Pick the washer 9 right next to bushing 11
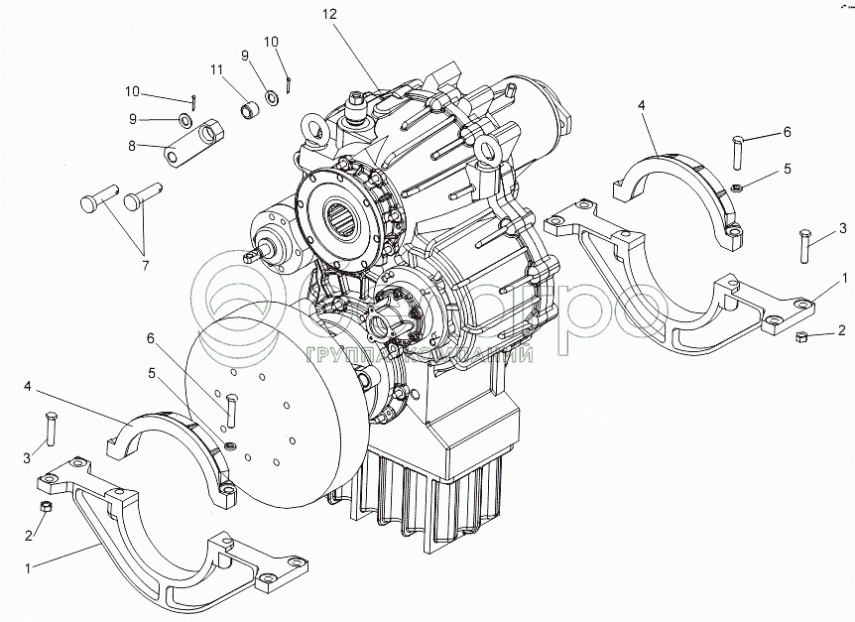coord(270,99)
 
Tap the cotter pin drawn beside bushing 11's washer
coord(287,83)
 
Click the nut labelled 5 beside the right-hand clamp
coord(737,187)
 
